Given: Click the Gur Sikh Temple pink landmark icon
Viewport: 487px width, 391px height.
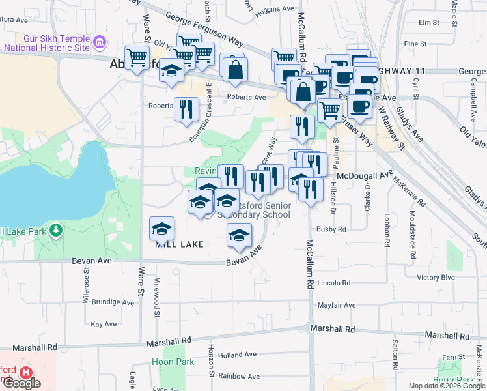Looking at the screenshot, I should (100, 42).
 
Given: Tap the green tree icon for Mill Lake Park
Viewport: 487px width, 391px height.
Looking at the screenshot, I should (57, 230).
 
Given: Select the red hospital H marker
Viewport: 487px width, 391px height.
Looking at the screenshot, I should (26, 372).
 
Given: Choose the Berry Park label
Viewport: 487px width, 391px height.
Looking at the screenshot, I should (454, 380).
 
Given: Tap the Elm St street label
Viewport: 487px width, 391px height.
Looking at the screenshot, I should (429, 22).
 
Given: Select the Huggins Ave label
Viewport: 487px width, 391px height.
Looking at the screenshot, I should (275, 9).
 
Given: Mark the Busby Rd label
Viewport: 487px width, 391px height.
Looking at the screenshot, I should (331, 229).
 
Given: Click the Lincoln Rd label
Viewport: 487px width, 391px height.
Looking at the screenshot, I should (335, 283).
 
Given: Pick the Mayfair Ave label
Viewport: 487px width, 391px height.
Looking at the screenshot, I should (337, 305).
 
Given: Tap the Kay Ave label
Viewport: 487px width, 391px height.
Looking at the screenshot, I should (104, 324).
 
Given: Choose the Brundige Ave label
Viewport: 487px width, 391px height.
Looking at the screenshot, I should (113, 302).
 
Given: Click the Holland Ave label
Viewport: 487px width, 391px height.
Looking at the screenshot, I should (238, 355).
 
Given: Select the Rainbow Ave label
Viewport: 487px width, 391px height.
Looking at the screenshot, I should (239, 376).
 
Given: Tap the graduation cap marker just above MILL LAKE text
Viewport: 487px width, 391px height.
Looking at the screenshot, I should (161, 228).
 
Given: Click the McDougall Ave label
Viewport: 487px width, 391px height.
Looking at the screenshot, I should (365, 175).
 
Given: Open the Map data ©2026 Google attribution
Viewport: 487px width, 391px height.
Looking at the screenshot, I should (447, 386).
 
